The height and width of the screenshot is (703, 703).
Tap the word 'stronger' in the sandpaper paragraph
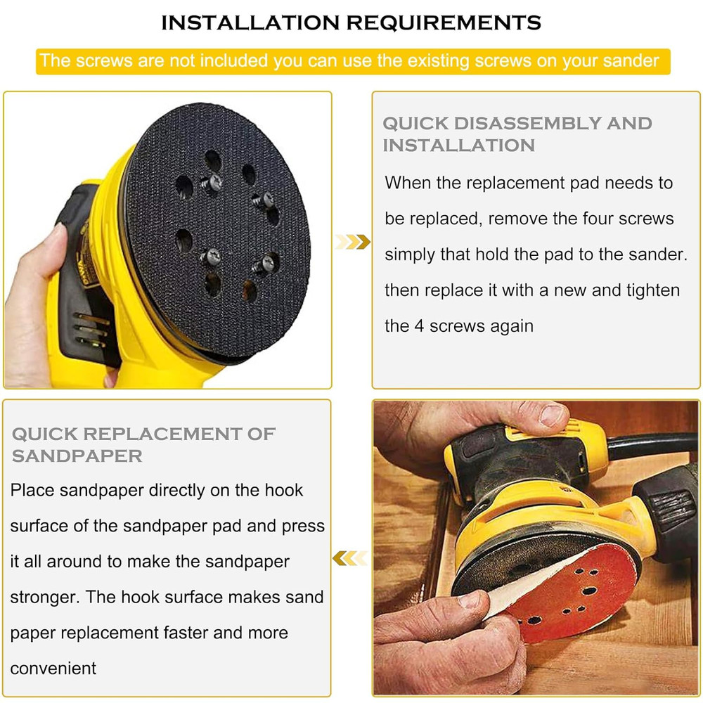coord(43,598)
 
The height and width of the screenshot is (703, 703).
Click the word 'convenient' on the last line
coord(53,669)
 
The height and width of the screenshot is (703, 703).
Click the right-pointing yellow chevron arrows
coord(352,243)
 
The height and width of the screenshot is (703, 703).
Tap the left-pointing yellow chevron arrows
coord(349,559)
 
